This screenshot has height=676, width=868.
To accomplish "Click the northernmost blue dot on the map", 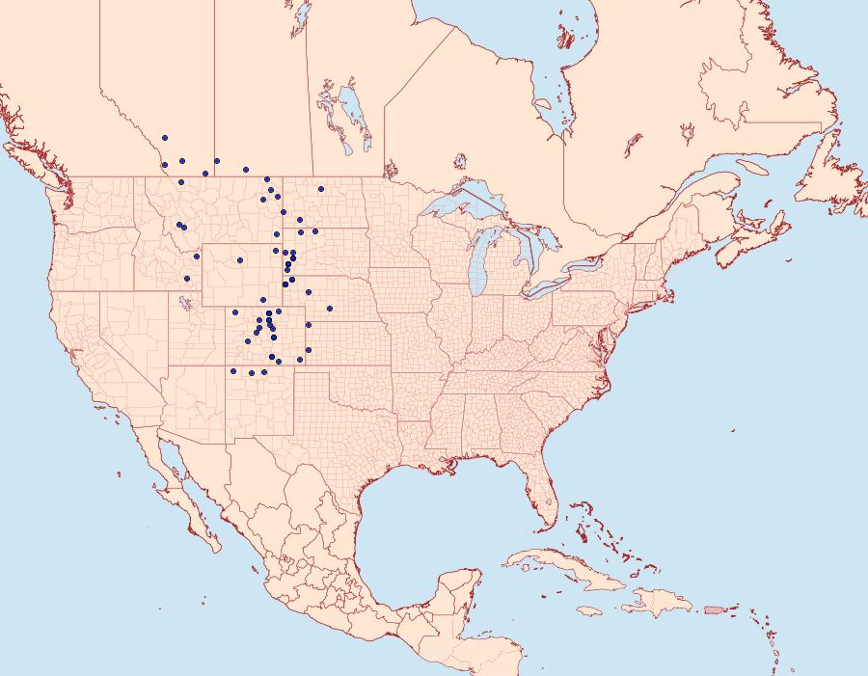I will coord(165,138).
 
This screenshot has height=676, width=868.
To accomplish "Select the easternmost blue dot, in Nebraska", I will coord(330,309).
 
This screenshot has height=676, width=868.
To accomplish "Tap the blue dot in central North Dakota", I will coord(320,188).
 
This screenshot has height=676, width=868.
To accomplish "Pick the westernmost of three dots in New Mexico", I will coord(233,371).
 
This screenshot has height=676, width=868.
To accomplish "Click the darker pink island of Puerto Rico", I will coord(715,608).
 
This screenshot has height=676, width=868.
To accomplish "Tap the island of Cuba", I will coord(559,565).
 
